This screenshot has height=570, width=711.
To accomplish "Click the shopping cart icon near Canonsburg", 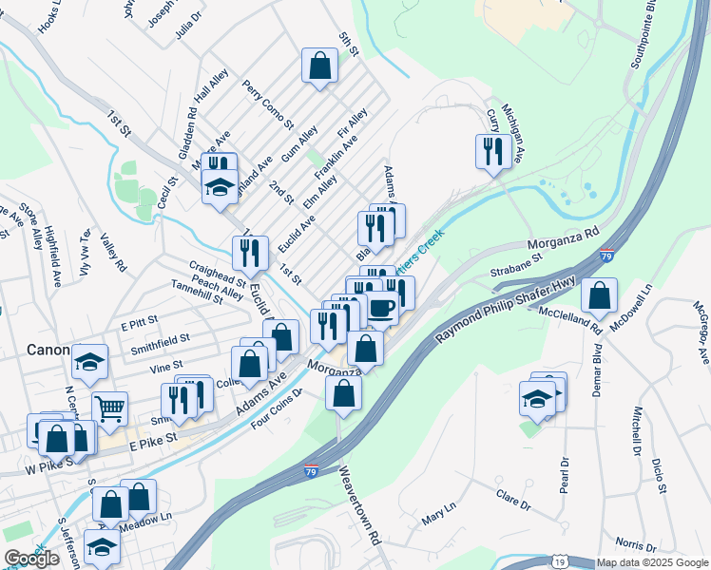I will (x=109, y=409).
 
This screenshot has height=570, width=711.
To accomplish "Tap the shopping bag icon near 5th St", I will (x=320, y=66).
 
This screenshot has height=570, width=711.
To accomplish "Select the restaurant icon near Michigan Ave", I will (x=492, y=152).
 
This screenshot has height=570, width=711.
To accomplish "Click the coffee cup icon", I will (x=381, y=309).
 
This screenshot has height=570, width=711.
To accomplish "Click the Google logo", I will (x=31, y=559).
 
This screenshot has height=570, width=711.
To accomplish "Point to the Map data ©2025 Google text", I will (x=652, y=562).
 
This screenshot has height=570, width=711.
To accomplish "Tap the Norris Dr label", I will (x=636, y=546).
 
